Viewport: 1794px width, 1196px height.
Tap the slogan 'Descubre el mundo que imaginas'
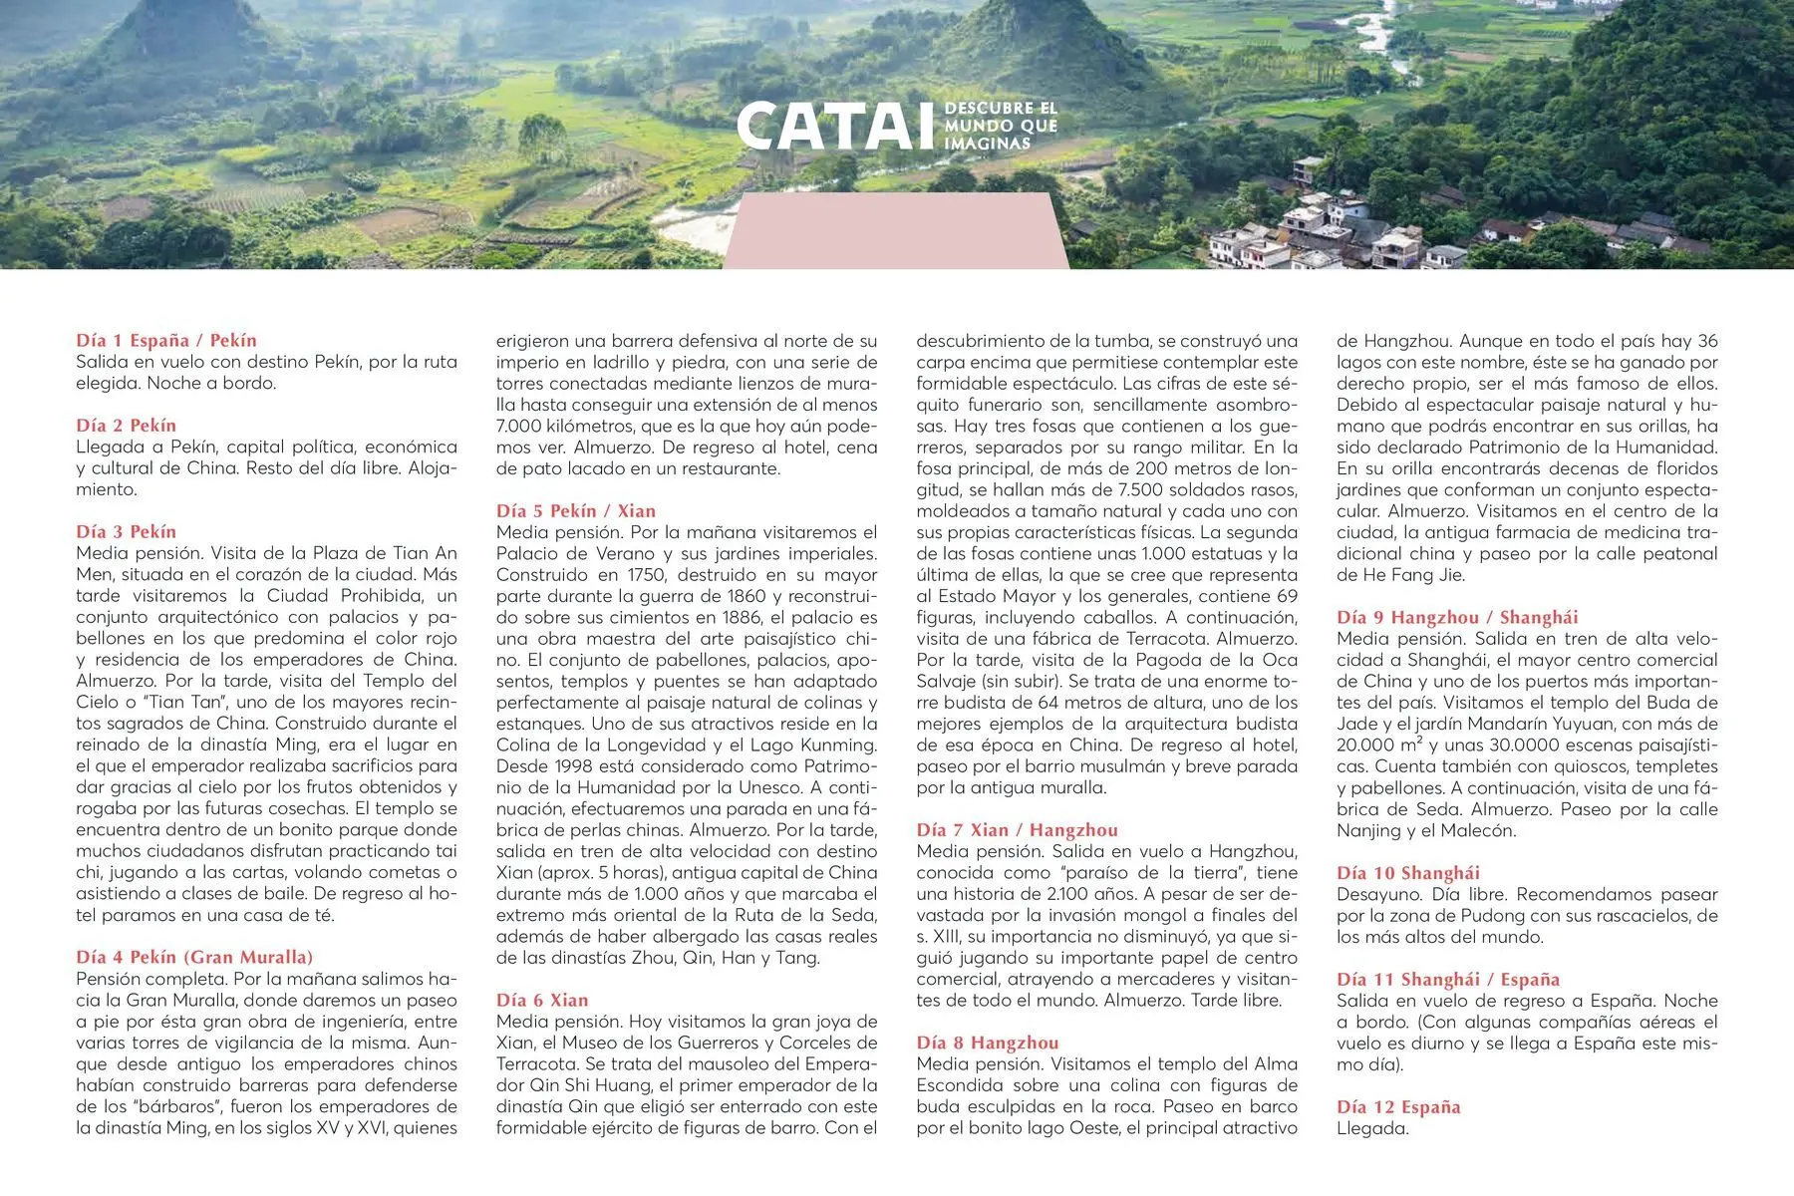1000,126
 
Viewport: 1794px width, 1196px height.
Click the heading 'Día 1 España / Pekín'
166,341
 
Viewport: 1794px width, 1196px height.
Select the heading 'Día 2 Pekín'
126,426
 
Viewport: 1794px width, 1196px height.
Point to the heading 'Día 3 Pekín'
126,532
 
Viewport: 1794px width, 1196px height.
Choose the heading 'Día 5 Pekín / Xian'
576,511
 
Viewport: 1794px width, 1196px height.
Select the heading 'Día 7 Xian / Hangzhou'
1017,830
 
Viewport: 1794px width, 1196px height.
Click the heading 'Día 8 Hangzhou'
988,1044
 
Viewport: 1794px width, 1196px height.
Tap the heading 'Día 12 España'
1398,1107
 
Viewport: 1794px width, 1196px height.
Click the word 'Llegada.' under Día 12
1372,1129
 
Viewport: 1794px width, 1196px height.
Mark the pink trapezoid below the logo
896,231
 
